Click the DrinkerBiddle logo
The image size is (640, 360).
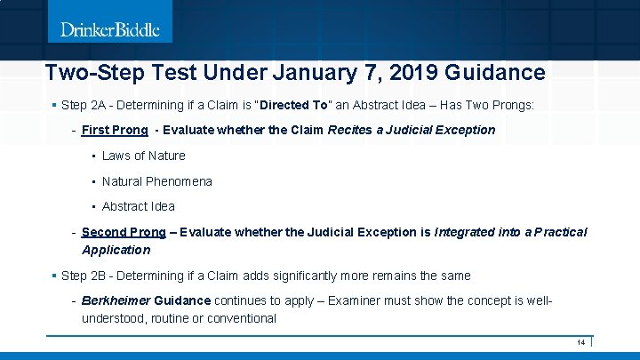coord(110,29)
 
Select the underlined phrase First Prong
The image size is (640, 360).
coord(115,130)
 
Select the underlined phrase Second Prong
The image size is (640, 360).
coord(124,232)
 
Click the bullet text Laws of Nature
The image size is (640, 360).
coord(143,156)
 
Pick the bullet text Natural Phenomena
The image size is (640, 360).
coord(156,181)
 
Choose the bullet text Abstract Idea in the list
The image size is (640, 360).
coord(138,207)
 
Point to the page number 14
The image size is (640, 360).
coord(580,342)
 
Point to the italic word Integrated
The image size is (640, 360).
coord(466,232)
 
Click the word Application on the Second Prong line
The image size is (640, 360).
coord(116,250)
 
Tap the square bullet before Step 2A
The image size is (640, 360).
coord(54,105)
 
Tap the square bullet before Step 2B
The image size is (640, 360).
coord(54,276)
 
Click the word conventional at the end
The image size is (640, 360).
coord(242,318)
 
